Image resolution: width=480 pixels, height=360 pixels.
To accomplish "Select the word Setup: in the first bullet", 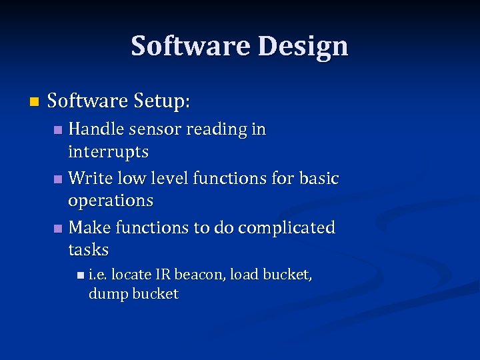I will (162, 102).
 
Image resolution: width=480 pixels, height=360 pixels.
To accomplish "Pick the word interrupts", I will (108, 151).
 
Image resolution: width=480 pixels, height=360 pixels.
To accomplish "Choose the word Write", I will (90, 178).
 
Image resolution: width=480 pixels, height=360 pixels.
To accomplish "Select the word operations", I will (111, 201).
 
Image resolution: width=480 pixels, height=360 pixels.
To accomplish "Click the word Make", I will (90, 227).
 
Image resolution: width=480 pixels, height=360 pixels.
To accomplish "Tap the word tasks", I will (88, 250).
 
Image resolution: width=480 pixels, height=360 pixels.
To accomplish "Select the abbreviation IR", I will (163, 274).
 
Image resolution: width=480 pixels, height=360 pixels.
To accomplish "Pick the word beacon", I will (199, 274).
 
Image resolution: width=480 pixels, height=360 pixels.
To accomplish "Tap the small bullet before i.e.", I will (81, 275).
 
